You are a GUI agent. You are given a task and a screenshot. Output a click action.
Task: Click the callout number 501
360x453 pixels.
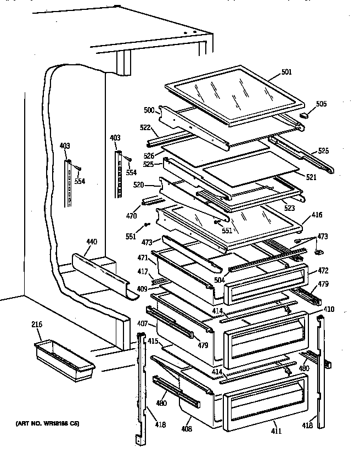click(x=286, y=72)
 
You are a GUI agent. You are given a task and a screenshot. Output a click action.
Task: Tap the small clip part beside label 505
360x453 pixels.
click(x=305, y=115)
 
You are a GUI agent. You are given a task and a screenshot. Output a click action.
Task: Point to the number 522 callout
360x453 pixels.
click(x=145, y=127)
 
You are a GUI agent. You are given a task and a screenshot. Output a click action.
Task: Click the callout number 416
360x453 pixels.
click(x=317, y=215)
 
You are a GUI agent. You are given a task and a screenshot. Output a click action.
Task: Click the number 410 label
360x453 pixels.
click(x=328, y=310)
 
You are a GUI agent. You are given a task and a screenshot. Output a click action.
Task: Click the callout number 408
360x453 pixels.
click(x=187, y=428)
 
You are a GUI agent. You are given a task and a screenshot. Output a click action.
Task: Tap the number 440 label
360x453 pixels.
click(x=91, y=241)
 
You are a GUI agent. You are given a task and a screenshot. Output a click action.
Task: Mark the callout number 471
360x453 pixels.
click(x=143, y=257)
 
